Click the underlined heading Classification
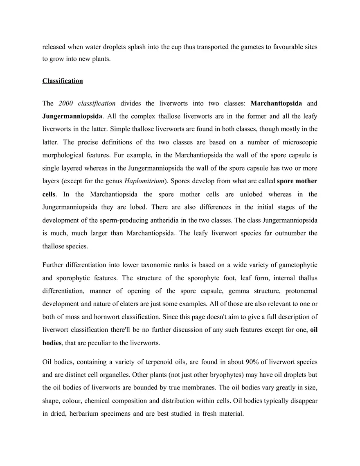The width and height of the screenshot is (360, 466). coord(63,81)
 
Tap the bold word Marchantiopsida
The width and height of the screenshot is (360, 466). coord(276,104)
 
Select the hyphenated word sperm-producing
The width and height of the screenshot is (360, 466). coord(130,220)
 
